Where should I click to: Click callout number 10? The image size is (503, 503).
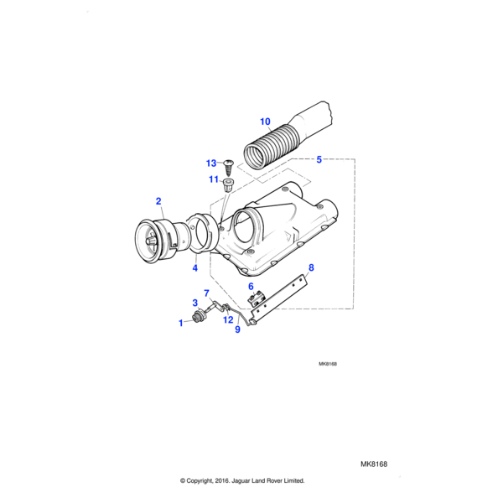[x=265, y=120]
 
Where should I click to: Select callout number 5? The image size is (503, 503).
[x=319, y=158]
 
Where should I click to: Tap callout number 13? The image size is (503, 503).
[x=211, y=163]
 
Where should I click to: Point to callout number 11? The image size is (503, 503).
[x=213, y=179]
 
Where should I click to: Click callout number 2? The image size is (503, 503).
[x=158, y=200]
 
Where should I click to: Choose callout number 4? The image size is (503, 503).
[x=195, y=268]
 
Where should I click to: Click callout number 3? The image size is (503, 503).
[x=195, y=303]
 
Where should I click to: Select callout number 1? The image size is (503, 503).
[x=179, y=323]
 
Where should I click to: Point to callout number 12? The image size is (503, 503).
[x=228, y=319]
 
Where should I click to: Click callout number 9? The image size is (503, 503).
[x=237, y=329]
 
